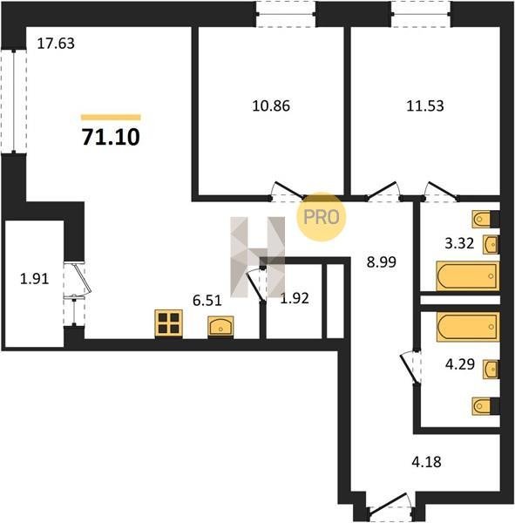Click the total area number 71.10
[111, 137]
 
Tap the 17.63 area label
[56, 44]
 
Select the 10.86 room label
[271, 106]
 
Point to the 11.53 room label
[425, 106]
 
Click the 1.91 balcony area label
[35, 279]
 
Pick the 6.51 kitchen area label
[207, 301]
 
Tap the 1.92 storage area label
[295, 298]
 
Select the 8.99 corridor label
[382, 262]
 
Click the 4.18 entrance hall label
[427, 462]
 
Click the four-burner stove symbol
[168, 323]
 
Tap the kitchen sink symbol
[220, 326]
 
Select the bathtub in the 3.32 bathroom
[468, 276]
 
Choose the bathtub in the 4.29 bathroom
[468, 327]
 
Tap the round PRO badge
[322, 217]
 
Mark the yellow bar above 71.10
[111, 117]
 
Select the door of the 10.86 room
[288, 192]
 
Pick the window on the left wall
[14, 102]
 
